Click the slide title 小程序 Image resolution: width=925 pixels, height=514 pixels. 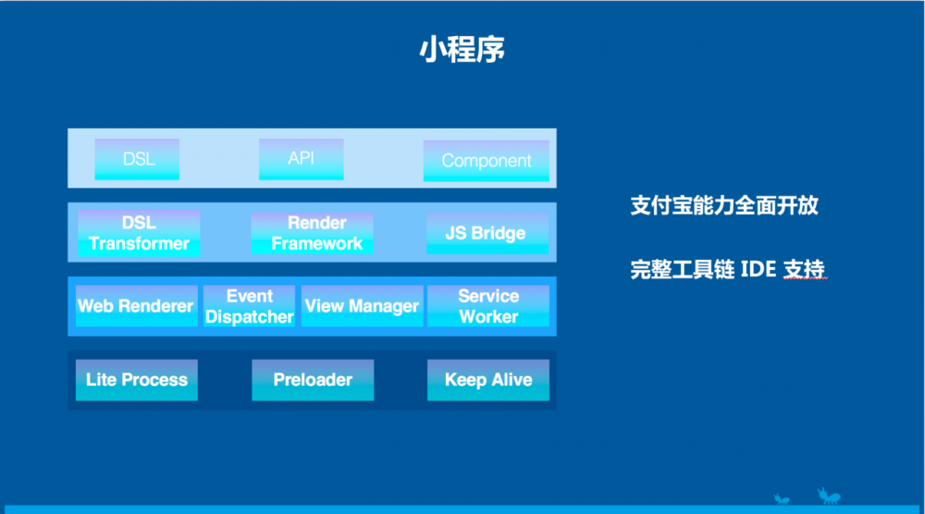pos(462,50)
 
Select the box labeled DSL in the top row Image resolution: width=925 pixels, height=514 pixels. pos(138,159)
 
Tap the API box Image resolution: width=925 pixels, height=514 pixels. pos(301,158)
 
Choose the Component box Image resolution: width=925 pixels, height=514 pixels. pos(486,161)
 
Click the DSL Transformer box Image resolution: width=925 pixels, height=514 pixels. pos(139,233)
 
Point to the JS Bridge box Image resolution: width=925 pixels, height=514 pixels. pos(486,233)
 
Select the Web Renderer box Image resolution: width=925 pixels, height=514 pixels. pos(135,306)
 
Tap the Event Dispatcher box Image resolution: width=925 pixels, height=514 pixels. pos(249,306)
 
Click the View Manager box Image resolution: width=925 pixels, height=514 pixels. pos(362,306)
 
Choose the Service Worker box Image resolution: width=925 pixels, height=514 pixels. pos(487,306)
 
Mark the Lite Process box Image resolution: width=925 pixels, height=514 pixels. pos(137,380)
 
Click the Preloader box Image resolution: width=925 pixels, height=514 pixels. pos(313,380)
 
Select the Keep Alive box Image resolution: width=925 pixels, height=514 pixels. pos(487,380)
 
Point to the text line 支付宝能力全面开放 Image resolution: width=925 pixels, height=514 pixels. pos(724,205)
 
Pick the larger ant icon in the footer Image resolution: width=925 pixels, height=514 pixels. pos(827,497)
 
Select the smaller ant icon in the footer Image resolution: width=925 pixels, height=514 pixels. pos(783,500)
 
